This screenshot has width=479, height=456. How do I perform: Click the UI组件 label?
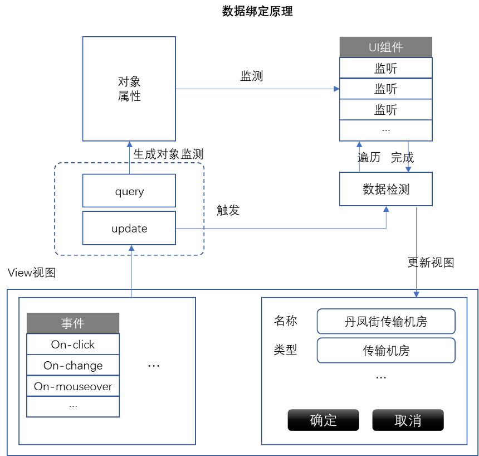pos(385,47)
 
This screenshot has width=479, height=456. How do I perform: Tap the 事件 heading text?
pos(73,323)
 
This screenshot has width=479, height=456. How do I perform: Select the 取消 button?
pos(408,420)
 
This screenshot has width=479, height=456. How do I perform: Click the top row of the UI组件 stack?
pos(385,68)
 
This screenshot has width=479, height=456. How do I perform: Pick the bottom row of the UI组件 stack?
pos(385,130)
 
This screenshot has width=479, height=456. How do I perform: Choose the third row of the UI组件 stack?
pos(385,109)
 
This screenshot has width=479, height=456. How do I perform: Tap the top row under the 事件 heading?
pos(73,344)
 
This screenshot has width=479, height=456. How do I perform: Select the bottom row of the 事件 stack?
pos(73,407)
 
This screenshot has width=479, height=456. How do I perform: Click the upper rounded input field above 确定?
pos(385,321)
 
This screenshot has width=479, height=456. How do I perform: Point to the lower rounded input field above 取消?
pos(385,350)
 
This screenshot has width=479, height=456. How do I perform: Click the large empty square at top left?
pos(129,89)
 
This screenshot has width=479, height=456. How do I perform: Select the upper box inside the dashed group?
pos(129,191)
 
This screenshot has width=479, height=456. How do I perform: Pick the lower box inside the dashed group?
pos(129,228)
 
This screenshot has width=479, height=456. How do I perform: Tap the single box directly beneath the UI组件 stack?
pos(385,189)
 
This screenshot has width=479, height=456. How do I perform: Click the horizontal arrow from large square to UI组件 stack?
pos(256,89)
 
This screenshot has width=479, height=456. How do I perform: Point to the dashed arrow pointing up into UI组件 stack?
pos(359,156)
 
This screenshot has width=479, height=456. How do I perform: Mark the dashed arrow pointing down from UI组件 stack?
pos(408,157)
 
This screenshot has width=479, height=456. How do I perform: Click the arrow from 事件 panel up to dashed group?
pos(131,270)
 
